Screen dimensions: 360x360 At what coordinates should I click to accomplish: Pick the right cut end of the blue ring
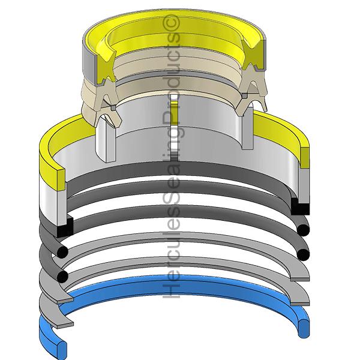click(304, 328)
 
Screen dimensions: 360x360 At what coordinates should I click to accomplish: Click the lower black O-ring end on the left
click(62, 276)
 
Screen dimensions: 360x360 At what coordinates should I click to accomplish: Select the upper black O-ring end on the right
click(303, 230)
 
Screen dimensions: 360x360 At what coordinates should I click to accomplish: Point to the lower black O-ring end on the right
click(303, 254)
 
